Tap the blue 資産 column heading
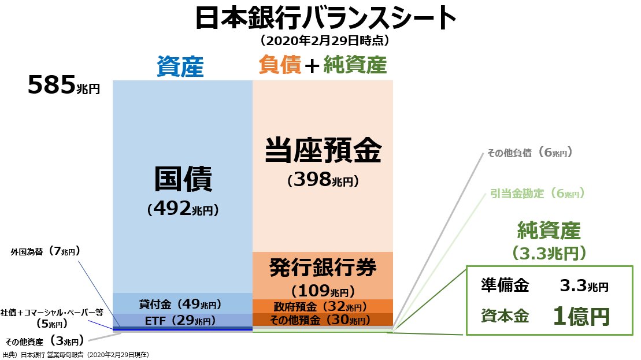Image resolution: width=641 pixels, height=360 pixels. pos(180,66)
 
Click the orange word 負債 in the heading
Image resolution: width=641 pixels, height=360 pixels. pos(279,65)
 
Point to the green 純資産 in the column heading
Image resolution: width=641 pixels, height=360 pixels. pos(354,65)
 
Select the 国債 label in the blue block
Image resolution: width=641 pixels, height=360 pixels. pos(183,180)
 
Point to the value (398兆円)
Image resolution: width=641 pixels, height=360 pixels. pos(323,181)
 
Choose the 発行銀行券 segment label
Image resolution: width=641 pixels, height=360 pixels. pos(323,268)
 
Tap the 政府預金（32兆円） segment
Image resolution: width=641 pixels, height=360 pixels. pos(323,306)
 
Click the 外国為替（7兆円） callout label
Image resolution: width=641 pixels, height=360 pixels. pos(45,251)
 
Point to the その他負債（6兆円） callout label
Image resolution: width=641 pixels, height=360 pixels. pos(529,153)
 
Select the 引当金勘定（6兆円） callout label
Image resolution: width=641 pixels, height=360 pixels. pos(538,194)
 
